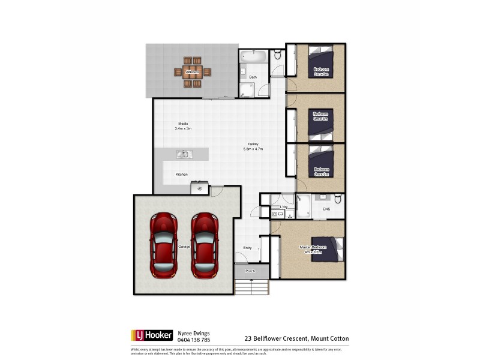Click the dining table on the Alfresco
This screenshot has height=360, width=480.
coord(192,72)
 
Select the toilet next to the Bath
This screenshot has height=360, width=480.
coord(277,56)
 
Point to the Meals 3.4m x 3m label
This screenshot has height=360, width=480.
coord(182,126)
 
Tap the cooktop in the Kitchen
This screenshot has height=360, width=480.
coord(199,188)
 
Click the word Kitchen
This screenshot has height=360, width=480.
coord(182,175)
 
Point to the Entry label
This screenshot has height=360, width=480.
coord(247,248)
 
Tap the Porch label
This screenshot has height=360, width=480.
coord(250,271)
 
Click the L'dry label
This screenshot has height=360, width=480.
coord(284,207)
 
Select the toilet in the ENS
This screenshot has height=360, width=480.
coord(338,199)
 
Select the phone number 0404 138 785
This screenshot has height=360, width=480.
coord(193,339)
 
